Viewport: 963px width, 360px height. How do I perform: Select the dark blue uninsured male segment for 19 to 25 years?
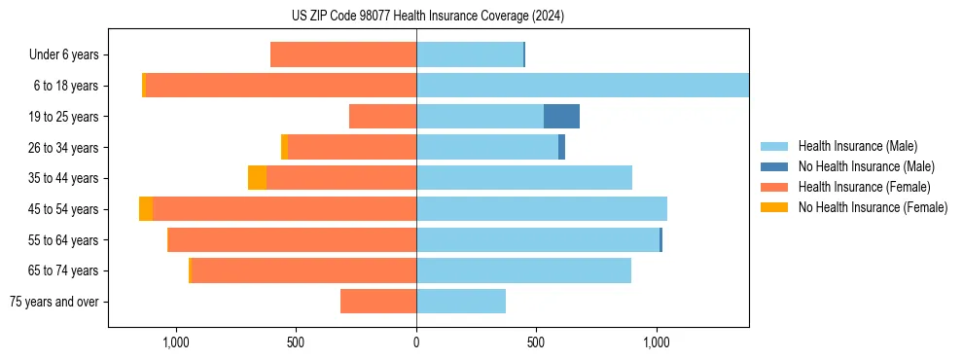(x=561, y=117)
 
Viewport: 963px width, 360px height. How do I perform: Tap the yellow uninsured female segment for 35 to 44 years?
(x=257, y=178)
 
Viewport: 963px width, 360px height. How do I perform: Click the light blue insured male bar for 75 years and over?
(x=461, y=302)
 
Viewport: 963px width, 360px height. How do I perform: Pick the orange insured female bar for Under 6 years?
(x=343, y=54)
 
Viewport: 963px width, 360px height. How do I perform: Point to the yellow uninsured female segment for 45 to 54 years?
(x=146, y=209)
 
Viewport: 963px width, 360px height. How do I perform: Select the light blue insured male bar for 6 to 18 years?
(x=582, y=86)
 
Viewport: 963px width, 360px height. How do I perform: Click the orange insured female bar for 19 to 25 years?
(x=382, y=117)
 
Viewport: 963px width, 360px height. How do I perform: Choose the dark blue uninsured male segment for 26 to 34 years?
(x=562, y=147)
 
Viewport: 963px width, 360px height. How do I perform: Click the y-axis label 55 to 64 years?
(x=63, y=240)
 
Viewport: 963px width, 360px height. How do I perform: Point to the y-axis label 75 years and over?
(x=54, y=302)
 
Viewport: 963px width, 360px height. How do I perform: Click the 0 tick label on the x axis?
(x=416, y=342)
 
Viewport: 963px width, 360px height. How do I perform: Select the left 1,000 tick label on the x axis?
(x=176, y=342)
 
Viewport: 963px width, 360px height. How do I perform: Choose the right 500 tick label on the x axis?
(x=536, y=342)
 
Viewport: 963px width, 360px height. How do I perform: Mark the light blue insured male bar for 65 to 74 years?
(x=523, y=270)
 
